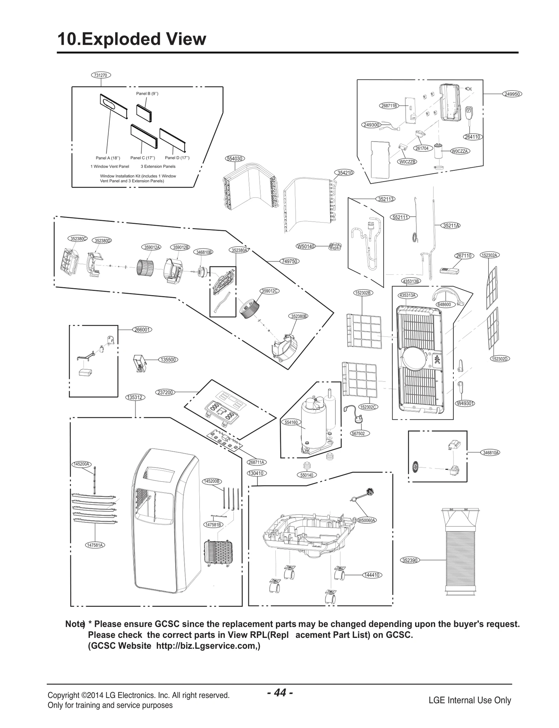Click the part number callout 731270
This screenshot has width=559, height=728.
(x=101, y=75)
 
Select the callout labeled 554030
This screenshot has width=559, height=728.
(x=234, y=159)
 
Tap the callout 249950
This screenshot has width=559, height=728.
(x=513, y=94)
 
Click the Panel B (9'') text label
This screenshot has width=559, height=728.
(x=147, y=94)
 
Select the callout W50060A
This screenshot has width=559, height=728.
(x=366, y=520)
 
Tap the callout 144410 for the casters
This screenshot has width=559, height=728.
(x=371, y=575)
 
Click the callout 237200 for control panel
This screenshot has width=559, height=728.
(x=165, y=392)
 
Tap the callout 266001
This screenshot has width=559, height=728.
(x=142, y=329)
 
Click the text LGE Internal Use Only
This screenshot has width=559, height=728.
(x=470, y=700)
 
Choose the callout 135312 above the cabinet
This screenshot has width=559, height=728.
(x=135, y=397)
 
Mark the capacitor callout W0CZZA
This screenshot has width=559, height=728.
(x=459, y=151)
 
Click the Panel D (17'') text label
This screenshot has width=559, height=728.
(x=177, y=158)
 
